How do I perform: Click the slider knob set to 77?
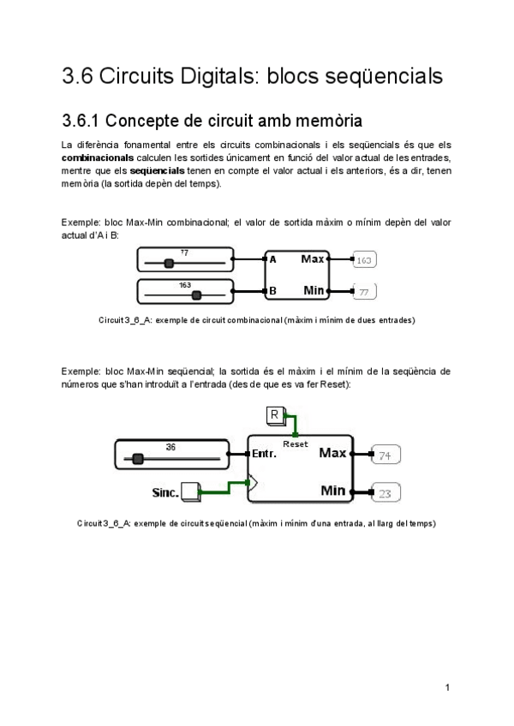click(x=169, y=264)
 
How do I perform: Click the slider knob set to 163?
click(x=196, y=295)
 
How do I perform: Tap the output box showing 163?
click(x=364, y=259)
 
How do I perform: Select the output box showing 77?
click(x=364, y=292)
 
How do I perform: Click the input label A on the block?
click(x=272, y=259)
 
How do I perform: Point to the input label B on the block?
click(x=272, y=291)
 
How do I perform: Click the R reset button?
click(x=275, y=416)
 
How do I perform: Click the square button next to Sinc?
click(x=189, y=491)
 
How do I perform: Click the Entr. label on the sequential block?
click(x=263, y=454)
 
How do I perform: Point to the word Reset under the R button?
click(x=295, y=444)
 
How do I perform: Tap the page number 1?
click(x=447, y=687)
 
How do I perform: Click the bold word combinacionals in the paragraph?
click(x=97, y=158)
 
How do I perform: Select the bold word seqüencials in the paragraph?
click(x=157, y=170)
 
